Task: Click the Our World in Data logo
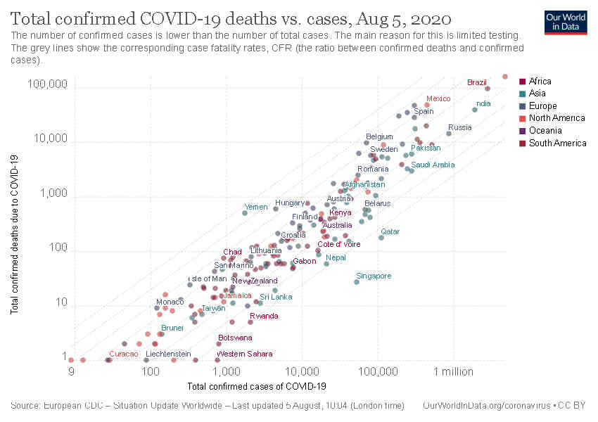pos(566,22)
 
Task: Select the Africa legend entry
pos(540,81)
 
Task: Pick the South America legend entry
pos(556,143)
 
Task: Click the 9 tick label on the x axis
pos(71,371)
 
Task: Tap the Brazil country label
pos(476,82)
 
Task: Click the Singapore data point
pos(357,282)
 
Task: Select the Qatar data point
pos(381,238)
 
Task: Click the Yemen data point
pos(245,212)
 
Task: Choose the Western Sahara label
pos(244,354)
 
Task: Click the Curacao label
pos(123,354)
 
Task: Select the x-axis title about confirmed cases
pos(257,386)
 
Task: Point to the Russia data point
pos(448,134)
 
